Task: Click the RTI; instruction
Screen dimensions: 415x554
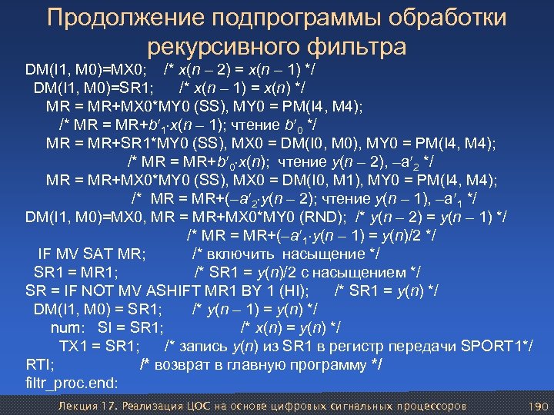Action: pyautogui.click(x=38, y=364)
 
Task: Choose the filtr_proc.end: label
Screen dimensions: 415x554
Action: pyautogui.click(x=72, y=382)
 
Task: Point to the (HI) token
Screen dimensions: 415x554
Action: pyautogui.click(x=295, y=290)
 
